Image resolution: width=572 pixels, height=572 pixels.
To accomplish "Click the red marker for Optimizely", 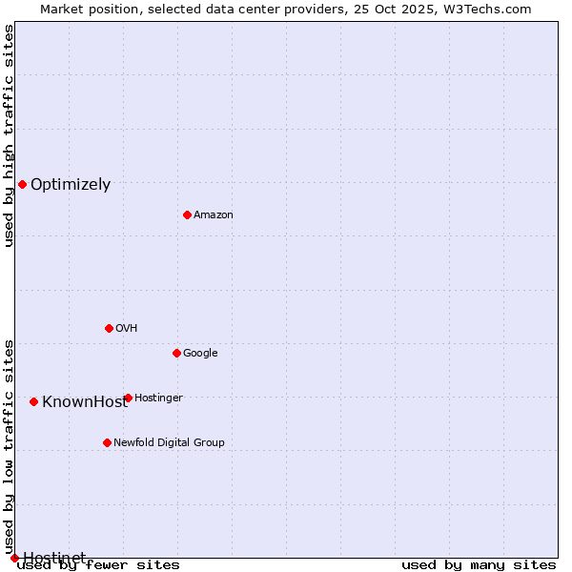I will (22, 184).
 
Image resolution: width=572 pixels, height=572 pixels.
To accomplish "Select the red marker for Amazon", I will (187, 214).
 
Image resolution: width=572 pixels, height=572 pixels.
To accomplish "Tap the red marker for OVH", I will (109, 328).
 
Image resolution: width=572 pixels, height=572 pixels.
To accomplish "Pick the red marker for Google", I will (176, 353).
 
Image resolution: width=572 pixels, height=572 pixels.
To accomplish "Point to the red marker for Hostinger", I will (128, 398).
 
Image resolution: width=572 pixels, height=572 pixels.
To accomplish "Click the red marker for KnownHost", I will (33, 401).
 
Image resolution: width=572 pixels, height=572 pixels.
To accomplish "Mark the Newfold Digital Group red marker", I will (107, 442).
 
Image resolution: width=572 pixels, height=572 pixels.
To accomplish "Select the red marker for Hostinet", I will (14, 558).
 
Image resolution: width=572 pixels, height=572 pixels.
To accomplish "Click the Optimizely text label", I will (71, 185).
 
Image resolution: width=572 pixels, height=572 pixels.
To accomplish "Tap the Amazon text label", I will (214, 215).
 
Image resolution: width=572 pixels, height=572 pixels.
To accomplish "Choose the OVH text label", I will (127, 329).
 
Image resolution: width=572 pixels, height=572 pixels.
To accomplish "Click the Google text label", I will (200, 354).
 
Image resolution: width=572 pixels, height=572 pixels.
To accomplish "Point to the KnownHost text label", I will (84, 402).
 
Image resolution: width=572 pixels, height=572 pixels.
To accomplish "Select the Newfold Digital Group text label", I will (169, 443).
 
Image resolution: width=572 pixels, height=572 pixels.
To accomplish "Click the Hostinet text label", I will (54, 558).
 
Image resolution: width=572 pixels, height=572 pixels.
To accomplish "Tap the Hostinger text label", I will (158, 398).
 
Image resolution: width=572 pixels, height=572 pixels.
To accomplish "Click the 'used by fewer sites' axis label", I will (98, 565).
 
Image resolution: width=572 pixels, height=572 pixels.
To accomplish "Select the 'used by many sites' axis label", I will (479, 565).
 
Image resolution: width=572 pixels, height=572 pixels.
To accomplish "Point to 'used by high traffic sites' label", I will (9, 135).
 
